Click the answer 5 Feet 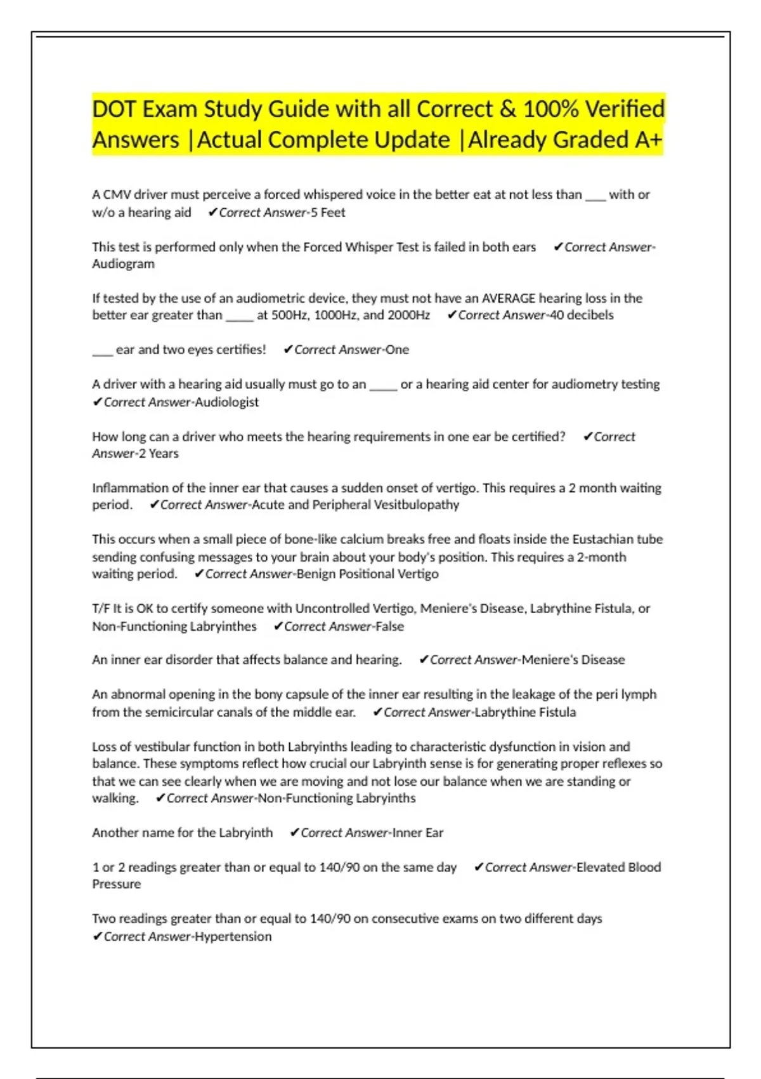[x=328, y=213]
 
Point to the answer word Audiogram [x=123, y=264]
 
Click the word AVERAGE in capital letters [x=509, y=298]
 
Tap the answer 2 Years [x=159, y=454]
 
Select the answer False [x=389, y=626]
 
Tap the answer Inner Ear [x=418, y=833]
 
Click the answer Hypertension [x=233, y=937]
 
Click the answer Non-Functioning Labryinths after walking [x=337, y=798]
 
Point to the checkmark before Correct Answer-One [x=288, y=350]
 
